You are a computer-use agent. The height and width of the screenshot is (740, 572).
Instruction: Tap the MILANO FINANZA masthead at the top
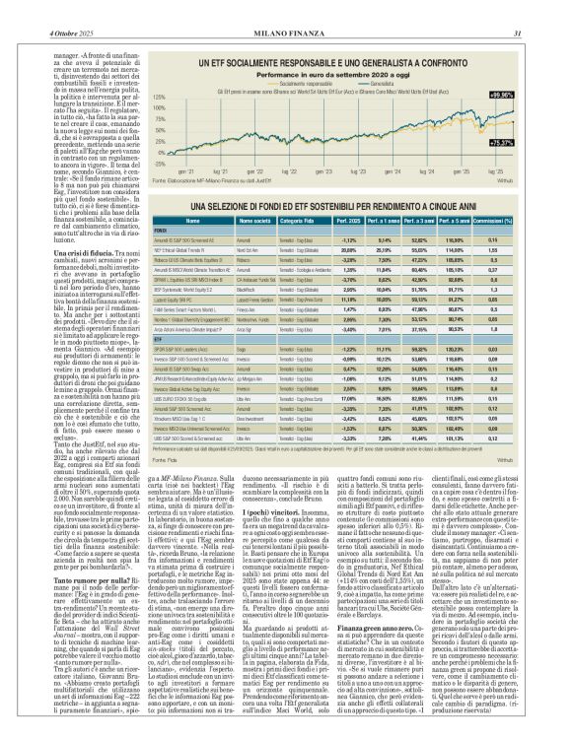[x=285, y=9]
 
